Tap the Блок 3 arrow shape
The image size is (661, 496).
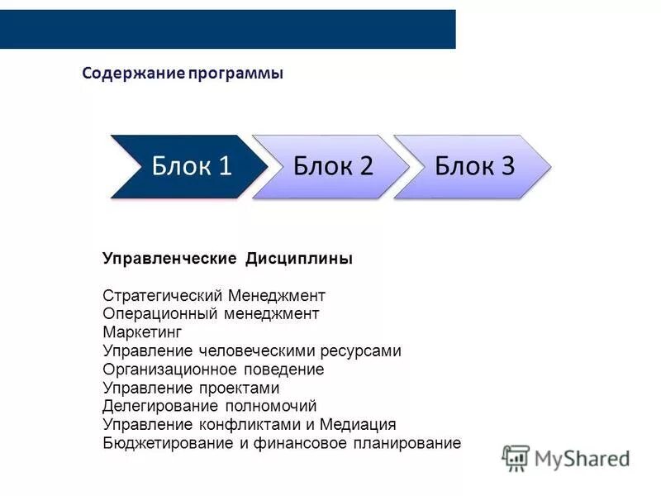click(473, 166)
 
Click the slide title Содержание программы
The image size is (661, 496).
click(183, 74)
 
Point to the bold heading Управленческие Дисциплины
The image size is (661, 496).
click(227, 259)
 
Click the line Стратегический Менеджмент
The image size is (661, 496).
click(214, 295)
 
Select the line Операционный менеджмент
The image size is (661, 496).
click(211, 313)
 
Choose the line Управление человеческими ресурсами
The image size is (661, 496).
click(252, 351)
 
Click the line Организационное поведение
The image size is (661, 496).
click(213, 369)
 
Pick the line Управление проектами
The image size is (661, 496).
click(191, 388)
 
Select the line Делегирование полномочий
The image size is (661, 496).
click(210, 406)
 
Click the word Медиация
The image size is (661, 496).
click(360, 424)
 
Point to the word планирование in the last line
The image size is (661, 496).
click(416, 443)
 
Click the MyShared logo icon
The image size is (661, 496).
click(516, 458)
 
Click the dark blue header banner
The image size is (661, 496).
click(227, 29)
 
